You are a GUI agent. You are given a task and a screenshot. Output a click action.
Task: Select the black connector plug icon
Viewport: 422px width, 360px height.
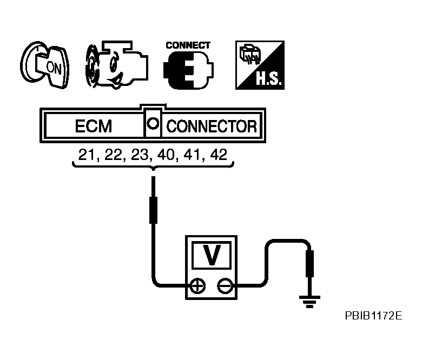point(187,71)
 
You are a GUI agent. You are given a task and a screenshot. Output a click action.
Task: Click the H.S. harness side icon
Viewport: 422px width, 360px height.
point(260,65)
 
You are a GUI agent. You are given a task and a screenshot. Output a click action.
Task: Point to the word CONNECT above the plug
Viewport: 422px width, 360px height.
point(188,45)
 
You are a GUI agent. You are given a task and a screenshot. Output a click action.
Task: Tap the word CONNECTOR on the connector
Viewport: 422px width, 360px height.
point(211,126)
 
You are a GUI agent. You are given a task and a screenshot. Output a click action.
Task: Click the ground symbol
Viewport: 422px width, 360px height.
point(309,300)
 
